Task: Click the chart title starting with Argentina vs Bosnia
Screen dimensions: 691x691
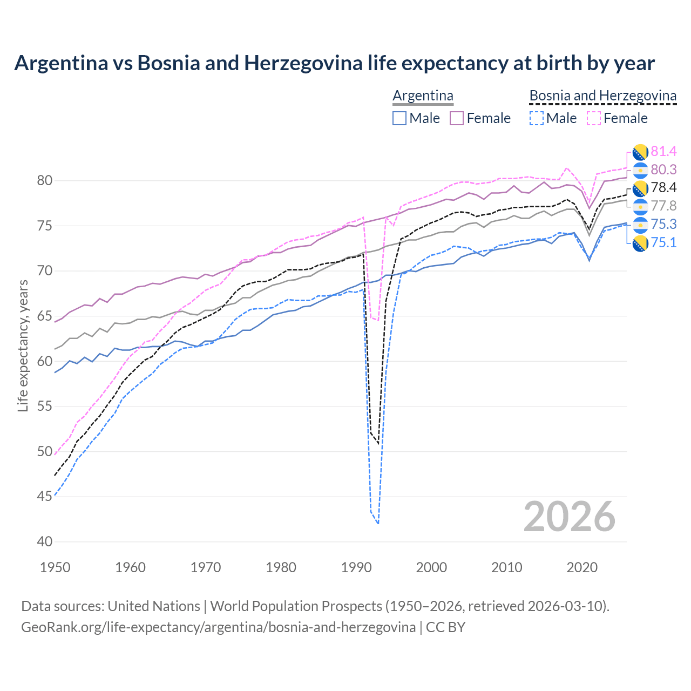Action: pyautogui.click(x=334, y=63)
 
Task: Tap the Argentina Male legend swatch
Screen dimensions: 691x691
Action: pyautogui.click(x=399, y=118)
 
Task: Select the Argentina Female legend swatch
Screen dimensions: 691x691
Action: pyautogui.click(x=457, y=118)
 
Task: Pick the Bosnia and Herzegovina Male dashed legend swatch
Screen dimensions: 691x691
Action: pyautogui.click(x=536, y=118)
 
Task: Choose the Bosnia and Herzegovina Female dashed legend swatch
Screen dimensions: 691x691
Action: pyautogui.click(x=594, y=118)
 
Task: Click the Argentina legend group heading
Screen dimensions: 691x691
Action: pyautogui.click(x=423, y=96)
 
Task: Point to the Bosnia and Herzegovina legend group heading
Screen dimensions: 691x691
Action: pyautogui.click(x=602, y=96)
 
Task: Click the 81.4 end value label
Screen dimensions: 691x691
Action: pyautogui.click(x=663, y=151)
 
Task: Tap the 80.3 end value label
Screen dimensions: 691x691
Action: pyautogui.click(x=663, y=170)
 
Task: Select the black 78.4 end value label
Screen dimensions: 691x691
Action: pyautogui.click(x=663, y=187)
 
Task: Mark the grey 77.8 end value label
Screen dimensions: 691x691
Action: pyautogui.click(x=663, y=206)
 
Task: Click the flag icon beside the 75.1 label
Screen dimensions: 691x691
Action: pyautogui.click(x=640, y=243)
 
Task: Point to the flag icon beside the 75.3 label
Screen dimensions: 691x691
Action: pyautogui.click(x=640, y=225)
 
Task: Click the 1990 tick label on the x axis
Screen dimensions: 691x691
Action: pyautogui.click(x=356, y=567)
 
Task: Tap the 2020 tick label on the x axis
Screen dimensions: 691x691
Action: pyautogui.click(x=582, y=567)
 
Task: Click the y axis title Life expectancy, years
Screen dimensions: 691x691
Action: pyautogui.click(x=23, y=345)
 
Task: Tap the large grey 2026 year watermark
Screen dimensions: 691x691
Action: pyautogui.click(x=569, y=517)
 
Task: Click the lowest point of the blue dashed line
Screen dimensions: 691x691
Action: pyautogui.click(x=378, y=524)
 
